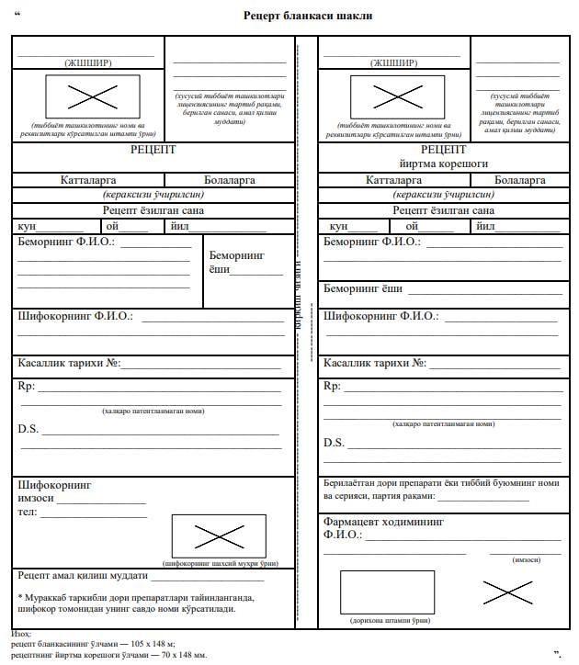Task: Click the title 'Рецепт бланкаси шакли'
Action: tap(308, 17)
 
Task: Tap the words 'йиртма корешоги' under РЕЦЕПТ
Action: tap(443, 163)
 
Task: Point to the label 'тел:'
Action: tap(28, 512)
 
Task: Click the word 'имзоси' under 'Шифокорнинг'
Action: tap(36, 498)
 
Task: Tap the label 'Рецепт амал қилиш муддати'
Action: tap(83, 576)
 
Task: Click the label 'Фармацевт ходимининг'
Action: tap(383, 521)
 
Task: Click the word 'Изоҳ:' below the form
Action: tap(21, 635)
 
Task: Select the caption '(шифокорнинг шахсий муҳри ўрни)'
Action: tap(220, 562)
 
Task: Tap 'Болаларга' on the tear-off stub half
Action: tap(519, 180)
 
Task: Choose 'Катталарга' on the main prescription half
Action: tap(91, 180)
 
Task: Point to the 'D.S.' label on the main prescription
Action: tap(28, 429)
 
